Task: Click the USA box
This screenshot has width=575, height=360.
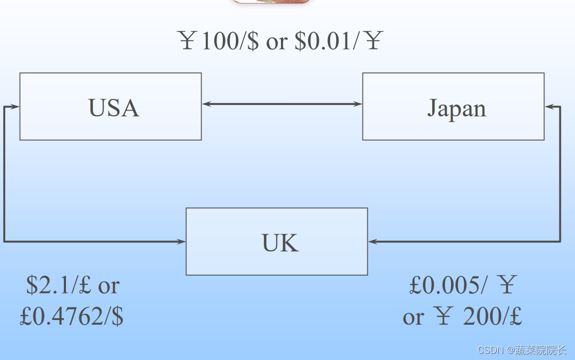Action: click(x=110, y=106)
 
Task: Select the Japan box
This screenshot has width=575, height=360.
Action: click(x=453, y=106)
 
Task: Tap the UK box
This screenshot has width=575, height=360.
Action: click(x=276, y=242)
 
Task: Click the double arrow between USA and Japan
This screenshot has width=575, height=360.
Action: click(x=282, y=104)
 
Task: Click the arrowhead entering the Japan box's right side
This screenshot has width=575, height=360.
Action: click(x=550, y=107)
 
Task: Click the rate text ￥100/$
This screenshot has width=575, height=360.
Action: click(x=218, y=41)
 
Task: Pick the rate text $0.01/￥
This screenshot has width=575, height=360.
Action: click(x=338, y=41)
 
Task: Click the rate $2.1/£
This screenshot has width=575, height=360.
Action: click(x=60, y=285)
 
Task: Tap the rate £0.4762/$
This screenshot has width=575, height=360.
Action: click(x=72, y=316)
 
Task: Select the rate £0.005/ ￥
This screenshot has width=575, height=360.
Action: click(x=462, y=285)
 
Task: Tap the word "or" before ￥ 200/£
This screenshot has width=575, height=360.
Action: click(x=413, y=317)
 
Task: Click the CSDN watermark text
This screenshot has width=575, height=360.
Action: click(x=521, y=350)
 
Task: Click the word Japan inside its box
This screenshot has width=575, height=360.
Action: click(x=457, y=108)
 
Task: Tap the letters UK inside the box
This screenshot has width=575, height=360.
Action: click(x=280, y=243)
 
